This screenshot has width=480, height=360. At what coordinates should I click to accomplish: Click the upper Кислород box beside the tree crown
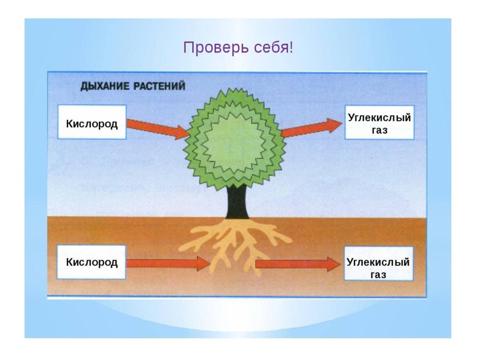point(92,122)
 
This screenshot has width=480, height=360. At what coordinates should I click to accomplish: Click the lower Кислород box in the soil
point(92,262)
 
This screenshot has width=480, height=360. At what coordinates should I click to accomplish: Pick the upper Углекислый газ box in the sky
point(379,123)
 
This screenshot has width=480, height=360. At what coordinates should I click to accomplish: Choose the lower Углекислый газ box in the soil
point(379,268)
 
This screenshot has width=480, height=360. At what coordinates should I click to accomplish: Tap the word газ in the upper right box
point(379,130)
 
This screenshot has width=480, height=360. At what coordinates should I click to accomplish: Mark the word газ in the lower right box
point(379,274)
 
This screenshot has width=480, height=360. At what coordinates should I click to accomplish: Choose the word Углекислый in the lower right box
point(379,262)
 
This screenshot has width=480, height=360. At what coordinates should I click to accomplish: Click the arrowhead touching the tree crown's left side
point(183,131)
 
